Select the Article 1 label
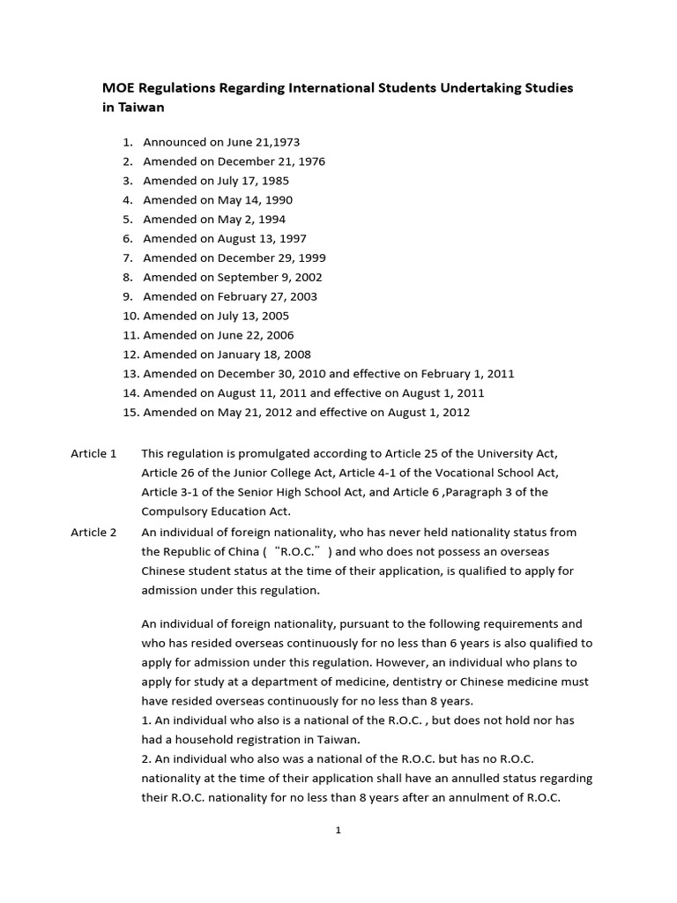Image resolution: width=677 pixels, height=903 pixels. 93,453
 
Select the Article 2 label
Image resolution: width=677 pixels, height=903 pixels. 93,532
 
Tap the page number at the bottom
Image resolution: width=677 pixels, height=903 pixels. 338,830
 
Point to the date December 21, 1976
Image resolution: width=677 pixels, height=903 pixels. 272,160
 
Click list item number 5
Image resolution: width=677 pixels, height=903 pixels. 128,219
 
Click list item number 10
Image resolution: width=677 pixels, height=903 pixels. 130,316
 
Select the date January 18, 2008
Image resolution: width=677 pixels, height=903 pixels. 264,354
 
